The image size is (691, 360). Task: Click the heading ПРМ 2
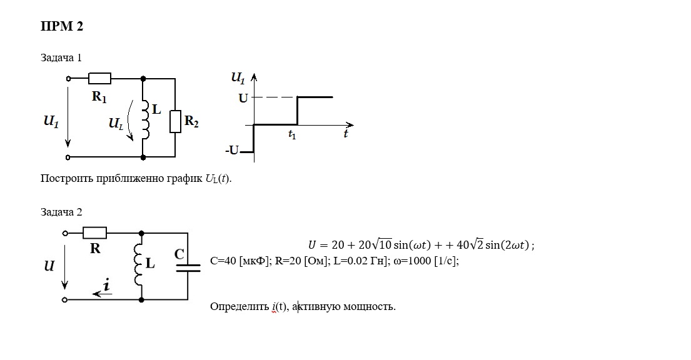(62, 26)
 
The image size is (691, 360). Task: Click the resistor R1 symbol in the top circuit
(99, 79)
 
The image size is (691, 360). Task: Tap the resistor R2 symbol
(175, 122)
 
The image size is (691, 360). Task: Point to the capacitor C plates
(188, 267)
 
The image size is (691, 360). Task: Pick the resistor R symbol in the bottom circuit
(95, 232)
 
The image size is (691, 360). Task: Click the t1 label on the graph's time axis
(292, 134)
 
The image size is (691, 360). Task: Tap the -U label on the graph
(232, 150)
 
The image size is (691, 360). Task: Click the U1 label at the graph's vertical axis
(238, 78)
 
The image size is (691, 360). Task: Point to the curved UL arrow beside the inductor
(129, 120)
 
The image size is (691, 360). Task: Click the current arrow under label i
(102, 294)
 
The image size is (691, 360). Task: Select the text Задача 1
(61, 57)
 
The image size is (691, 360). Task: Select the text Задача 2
(61, 212)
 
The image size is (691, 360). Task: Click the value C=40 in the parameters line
(223, 261)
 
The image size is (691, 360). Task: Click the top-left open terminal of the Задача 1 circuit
(68, 79)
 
